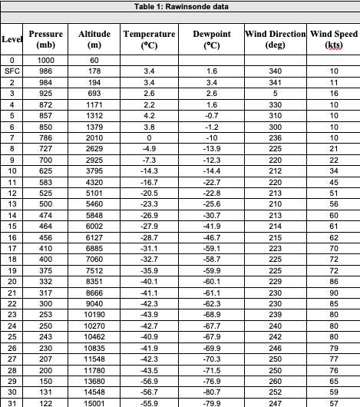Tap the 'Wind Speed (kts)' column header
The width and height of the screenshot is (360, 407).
(x=334, y=40)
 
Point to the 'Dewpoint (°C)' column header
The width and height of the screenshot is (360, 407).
(x=209, y=40)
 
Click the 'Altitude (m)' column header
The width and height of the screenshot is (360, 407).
(x=94, y=40)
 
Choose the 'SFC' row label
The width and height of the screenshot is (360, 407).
(x=12, y=70)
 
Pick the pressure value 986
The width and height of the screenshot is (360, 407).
(x=46, y=70)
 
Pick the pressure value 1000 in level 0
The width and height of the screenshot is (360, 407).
(x=46, y=59)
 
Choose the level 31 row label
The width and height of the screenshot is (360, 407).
(x=12, y=402)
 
